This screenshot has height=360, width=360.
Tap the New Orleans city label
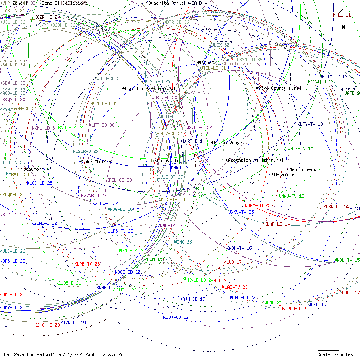click(303, 169)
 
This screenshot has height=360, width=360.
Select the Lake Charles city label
click(97, 162)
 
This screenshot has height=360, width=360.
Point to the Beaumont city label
click(33, 169)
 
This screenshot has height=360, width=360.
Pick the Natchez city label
click(205, 62)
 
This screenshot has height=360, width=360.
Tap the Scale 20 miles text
click(335, 354)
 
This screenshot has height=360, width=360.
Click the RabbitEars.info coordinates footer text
click(64, 354)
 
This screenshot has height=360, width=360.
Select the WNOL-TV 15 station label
click(347, 260)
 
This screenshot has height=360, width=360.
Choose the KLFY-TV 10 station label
click(310, 124)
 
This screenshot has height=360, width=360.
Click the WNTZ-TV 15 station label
click(300, 148)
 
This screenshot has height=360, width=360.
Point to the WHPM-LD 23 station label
click(258, 205)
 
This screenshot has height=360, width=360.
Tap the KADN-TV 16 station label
click(239, 248)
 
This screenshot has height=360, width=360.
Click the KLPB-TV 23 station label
click(87, 264)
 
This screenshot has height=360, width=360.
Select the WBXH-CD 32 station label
click(109, 78)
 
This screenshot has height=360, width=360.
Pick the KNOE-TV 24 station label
click(71, 127)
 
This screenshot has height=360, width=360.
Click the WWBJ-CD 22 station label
click(176, 317)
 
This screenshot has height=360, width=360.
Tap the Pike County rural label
click(280, 88)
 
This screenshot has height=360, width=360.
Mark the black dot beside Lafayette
click(155, 160)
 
